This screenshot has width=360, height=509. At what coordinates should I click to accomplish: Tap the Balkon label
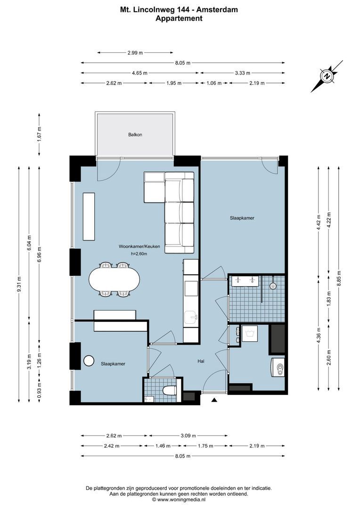135,135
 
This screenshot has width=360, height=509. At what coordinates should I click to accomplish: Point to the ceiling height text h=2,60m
139,254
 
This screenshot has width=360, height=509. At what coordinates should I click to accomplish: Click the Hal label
200,361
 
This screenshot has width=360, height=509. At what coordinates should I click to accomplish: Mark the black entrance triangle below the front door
214,400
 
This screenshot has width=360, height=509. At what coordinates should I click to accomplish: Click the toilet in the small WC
169,390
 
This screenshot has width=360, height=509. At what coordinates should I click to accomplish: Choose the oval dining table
115,280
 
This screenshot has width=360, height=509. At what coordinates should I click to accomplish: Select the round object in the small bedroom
89,361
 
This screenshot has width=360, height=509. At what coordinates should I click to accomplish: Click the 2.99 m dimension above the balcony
135,53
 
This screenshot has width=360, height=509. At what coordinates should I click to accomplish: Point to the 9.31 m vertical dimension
19,284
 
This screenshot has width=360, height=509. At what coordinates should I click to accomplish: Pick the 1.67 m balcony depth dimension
40,135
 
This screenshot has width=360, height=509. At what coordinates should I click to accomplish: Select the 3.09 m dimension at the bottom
187,435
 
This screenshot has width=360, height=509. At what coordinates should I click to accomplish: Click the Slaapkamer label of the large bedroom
242,218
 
